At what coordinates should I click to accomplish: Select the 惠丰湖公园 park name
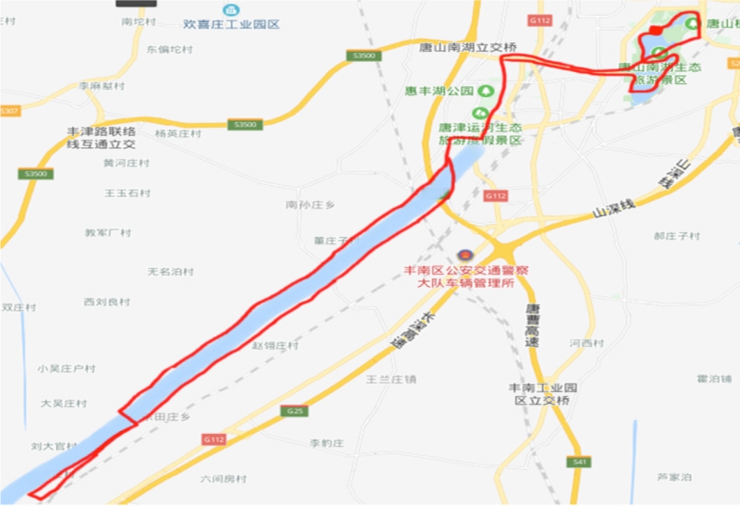pos(439,91)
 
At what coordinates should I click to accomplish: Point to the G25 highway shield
pos(295,410)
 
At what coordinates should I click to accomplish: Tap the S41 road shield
pos(580,461)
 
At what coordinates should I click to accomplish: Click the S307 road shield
pos(9,111)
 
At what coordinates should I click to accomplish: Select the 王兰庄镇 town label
pos(391,378)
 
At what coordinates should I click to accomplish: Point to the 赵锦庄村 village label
pos(276,346)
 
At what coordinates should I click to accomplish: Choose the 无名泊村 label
pos(171,272)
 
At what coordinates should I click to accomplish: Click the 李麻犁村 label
pos(101,86)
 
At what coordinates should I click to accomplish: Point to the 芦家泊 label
pos(674,477)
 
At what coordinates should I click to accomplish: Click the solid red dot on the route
pos(655,31)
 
